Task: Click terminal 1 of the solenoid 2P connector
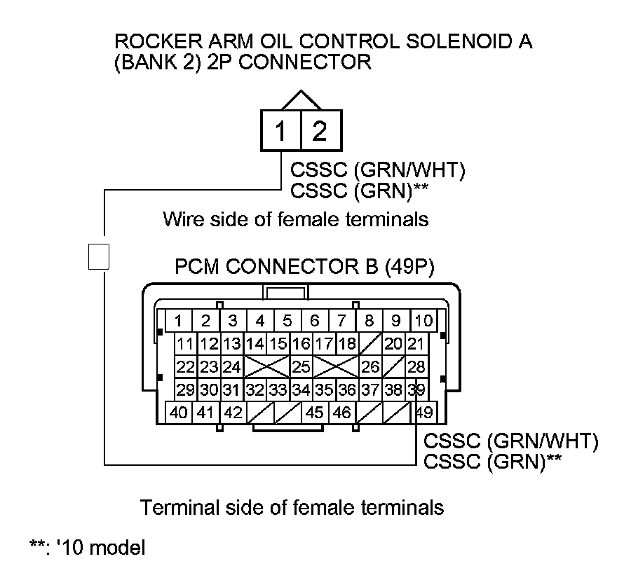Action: tap(280, 131)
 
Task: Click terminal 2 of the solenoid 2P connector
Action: tap(320, 131)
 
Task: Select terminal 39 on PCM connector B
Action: tap(416, 389)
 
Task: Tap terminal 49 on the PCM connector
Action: tap(424, 412)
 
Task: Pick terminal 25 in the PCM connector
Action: tap(301, 366)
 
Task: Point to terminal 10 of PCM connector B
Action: tap(423, 321)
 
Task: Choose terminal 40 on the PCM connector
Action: tap(179, 412)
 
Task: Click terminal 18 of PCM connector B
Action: tap(346, 344)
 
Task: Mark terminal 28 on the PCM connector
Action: tap(416, 366)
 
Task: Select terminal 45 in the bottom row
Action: tap(315, 412)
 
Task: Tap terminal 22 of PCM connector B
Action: tap(185, 366)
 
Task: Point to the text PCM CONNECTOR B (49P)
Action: tap(304, 267)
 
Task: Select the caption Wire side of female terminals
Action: tap(295, 219)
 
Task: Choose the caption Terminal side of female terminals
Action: tap(293, 506)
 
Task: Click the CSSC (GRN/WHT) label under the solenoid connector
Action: tap(377, 171)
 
